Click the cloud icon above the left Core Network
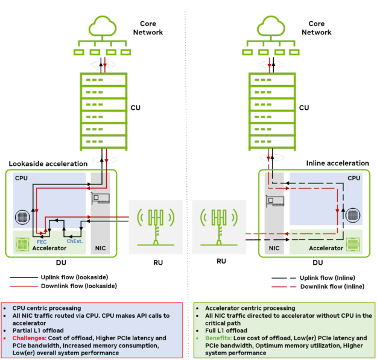tap(104, 26)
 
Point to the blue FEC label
tap(42, 241)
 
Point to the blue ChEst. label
tap(74, 241)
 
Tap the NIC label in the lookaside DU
tap(100, 248)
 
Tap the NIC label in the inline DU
tap(274, 248)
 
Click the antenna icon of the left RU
tap(156, 225)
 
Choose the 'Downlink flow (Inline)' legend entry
tap(331, 286)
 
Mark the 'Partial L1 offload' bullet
tap(40, 330)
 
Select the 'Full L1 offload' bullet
tap(228, 330)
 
